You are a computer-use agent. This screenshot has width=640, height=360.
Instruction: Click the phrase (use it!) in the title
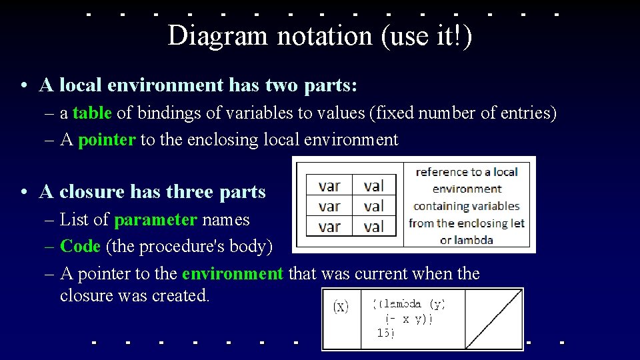427,36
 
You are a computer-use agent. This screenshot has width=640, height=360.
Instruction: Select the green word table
92,113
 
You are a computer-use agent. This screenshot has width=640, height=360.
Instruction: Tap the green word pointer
107,140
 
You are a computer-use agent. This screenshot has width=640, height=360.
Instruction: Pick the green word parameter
155,220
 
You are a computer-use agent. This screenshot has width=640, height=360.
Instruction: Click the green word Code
79,247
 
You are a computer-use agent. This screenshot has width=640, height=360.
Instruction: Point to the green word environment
232,273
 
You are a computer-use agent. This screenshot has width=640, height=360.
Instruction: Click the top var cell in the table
329,186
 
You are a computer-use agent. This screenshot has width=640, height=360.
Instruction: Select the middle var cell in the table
329,206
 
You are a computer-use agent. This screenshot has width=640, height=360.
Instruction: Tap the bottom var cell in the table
329,227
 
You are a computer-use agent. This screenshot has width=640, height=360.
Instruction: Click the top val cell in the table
374,186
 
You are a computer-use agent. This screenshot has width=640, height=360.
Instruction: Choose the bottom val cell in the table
374,227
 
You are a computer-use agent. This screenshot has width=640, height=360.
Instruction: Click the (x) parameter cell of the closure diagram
341,307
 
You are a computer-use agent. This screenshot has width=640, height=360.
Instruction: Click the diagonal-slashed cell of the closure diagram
494,319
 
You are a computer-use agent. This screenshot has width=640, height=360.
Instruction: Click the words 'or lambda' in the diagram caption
466,240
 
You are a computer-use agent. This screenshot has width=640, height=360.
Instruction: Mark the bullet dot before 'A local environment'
23,86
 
